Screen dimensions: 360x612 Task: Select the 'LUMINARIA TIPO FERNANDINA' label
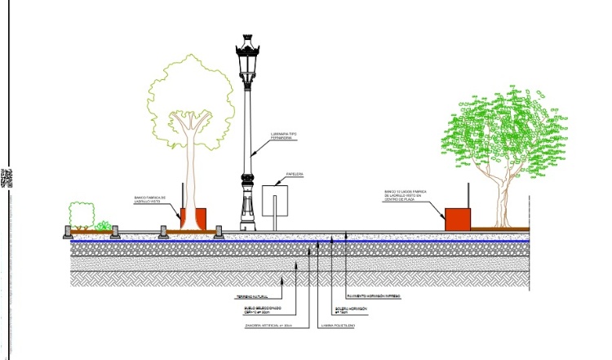coord(282,136)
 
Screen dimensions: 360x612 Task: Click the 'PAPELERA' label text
coord(295,175)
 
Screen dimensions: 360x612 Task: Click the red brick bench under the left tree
coord(193,219)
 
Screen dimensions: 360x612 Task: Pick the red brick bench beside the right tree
coord(457,218)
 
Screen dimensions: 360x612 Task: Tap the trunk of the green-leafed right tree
coord(503,200)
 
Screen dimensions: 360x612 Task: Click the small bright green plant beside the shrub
coord(103,225)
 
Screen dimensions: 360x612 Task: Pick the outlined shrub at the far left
coord(81,215)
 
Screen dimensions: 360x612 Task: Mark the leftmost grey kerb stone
coord(68,233)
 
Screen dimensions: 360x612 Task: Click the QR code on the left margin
coord(7,179)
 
